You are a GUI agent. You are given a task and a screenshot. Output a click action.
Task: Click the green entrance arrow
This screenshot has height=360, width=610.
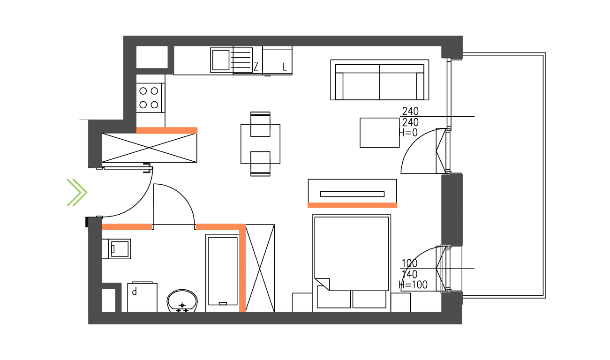click(77, 193)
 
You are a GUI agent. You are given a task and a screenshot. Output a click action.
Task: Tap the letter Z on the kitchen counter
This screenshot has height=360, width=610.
click(256, 67)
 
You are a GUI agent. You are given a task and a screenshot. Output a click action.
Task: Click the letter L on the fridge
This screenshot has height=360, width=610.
click(285, 67)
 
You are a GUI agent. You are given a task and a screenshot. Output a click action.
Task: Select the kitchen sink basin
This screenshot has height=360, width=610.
click(221, 60)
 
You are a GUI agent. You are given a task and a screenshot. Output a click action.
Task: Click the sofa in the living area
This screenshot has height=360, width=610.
click(380, 80)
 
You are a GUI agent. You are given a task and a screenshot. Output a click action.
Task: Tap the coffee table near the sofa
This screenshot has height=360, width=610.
click(380, 133)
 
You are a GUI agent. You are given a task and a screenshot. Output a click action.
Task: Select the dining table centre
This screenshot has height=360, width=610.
click(260, 144)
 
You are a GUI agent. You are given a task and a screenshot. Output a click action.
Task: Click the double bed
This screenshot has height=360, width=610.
click(351, 263)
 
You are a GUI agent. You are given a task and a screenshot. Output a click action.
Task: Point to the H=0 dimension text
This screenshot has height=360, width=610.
click(408, 133)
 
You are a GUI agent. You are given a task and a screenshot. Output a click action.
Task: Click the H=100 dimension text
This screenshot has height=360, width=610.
click(413, 285)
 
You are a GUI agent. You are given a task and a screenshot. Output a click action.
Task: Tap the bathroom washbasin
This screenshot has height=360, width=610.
click(182, 301)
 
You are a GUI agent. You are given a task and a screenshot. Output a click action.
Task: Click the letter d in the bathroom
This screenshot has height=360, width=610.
click(134, 292)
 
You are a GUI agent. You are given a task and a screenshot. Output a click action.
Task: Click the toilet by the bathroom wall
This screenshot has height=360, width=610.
click(117, 249)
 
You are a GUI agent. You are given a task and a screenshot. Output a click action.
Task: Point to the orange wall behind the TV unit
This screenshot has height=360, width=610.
click(353, 205)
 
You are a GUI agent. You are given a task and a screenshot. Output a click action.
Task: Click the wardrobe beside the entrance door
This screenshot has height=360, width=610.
click(150, 148)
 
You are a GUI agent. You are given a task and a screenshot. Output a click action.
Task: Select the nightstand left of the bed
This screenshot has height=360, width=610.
click(302, 302)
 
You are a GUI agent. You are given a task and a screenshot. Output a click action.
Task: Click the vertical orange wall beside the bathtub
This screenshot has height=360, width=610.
click(242, 268)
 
